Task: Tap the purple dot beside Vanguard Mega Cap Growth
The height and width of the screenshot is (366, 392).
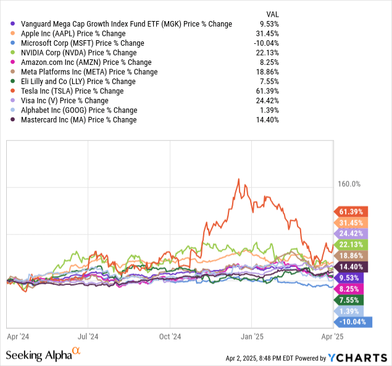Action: click(x=7, y=24)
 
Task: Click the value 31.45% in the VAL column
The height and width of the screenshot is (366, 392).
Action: click(x=269, y=33)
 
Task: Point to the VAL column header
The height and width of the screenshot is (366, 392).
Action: click(x=271, y=14)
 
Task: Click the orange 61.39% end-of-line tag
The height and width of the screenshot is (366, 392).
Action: click(x=351, y=211)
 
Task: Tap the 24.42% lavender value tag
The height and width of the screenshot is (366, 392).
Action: click(x=351, y=234)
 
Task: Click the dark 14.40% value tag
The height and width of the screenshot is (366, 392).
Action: click(x=351, y=266)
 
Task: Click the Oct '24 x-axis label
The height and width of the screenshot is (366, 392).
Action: click(x=170, y=337)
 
